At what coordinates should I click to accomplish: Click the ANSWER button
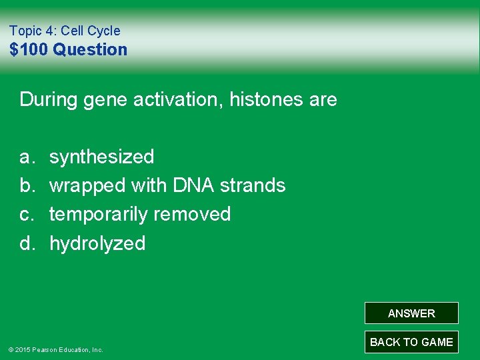coord(411,313)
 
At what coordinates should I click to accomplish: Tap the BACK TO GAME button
coord(411,342)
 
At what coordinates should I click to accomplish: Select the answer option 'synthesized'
coord(101,157)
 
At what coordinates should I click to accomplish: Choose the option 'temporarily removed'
coord(140,215)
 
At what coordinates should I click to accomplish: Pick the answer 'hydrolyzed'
coord(97,243)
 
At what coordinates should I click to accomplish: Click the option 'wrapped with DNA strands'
coord(167,185)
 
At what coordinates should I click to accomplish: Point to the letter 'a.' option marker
coord(27,157)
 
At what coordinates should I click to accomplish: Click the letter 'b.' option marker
coord(27,185)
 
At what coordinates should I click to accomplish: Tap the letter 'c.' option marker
coord(27,215)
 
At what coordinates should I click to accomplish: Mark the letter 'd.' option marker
coord(27,243)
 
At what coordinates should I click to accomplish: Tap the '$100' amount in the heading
coord(29,49)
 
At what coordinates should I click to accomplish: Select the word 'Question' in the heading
coord(90,49)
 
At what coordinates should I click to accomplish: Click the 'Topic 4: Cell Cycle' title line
coord(65,31)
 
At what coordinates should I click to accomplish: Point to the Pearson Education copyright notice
coord(55,349)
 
